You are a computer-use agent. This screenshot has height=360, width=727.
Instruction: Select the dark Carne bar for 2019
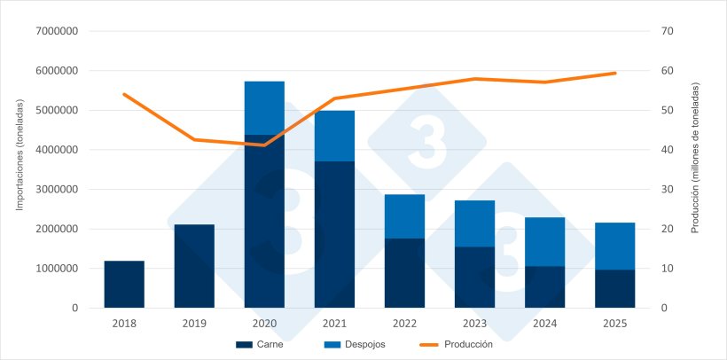(194, 266)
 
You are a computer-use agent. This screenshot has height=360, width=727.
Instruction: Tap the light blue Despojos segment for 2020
(264, 108)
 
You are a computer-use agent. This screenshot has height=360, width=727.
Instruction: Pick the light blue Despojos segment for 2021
(334, 136)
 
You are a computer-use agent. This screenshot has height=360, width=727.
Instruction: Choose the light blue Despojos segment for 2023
(474, 223)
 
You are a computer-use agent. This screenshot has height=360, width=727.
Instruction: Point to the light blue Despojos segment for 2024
(544, 241)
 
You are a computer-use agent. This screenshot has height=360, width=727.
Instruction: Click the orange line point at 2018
(124, 94)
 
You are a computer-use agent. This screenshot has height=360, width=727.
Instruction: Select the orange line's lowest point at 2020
(264, 145)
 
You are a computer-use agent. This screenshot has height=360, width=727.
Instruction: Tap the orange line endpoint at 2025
(614, 73)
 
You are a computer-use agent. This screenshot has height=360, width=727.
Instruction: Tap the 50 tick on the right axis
(668, 111)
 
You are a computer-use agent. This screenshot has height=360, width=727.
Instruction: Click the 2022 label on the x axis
(404, 324)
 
